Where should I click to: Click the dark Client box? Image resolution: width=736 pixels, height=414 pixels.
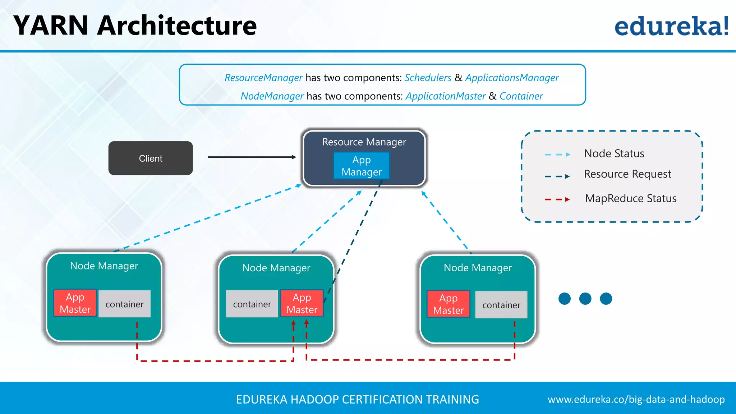coord(151,158)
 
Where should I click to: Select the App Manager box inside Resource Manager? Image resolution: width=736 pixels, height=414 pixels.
coord(362,166)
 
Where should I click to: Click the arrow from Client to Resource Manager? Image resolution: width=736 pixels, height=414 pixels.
coord(252,157)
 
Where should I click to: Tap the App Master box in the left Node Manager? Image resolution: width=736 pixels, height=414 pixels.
coord(75,303)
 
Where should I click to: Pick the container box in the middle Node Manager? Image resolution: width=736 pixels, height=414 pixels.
coord(252,304)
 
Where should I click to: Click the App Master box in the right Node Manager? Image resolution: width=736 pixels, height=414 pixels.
coord(448,304)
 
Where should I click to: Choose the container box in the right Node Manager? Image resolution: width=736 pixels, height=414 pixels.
coord(501,305)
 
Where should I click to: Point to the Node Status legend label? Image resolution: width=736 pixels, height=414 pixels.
coord(614,153)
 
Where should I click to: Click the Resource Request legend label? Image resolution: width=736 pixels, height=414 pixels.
coord(627,174)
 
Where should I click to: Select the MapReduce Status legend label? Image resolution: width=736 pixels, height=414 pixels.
coord(631,198)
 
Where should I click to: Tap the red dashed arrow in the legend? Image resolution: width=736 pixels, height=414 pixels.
coord(557,199)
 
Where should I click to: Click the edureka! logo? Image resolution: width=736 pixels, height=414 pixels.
coord(671,26)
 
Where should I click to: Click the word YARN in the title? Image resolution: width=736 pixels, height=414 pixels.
coord(51,26)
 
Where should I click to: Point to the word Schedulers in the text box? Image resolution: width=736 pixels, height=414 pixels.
coord(428,78)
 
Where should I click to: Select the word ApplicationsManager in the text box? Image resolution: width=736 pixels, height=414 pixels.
coord(512,78)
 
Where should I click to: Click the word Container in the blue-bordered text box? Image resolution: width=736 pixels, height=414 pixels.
coord(521,96)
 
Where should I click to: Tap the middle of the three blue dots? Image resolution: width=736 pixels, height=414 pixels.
coord(585,298)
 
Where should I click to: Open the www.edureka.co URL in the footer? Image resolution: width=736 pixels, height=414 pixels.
coord(636,399)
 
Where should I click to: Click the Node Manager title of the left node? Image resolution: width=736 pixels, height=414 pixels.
coord(104,266)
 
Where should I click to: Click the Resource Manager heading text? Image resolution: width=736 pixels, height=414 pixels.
coord(364,142)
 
